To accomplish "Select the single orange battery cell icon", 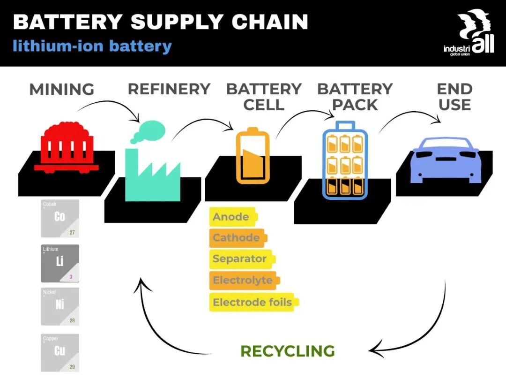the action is (253, 156).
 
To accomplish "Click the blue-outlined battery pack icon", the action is (345, 160).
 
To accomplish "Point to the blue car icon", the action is (446, 160).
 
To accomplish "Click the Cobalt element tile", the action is (60, 219).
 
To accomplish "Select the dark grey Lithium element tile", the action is (60, 263).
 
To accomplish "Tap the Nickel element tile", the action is (60, 306).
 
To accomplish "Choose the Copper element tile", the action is (60, 352).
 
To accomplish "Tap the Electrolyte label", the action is (245, 280).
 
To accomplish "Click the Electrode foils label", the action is (254, 302).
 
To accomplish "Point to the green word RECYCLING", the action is (288, 351).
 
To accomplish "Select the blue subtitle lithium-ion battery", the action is (92, 46).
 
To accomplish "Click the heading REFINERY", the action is (169, 89).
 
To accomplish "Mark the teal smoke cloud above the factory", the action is (149, 131).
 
